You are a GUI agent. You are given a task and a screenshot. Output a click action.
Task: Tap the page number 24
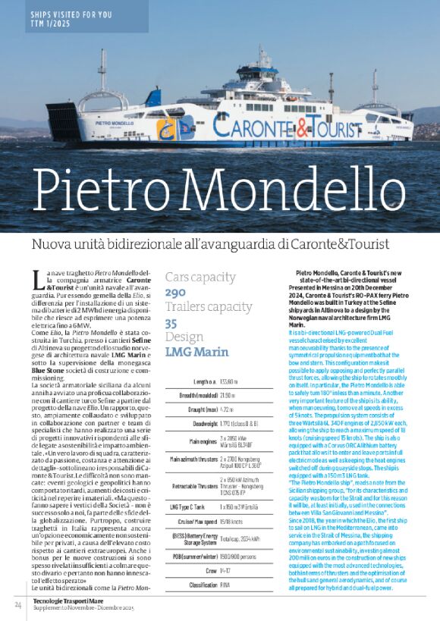point(17,604)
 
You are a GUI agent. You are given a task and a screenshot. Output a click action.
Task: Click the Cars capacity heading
point(200,278)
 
